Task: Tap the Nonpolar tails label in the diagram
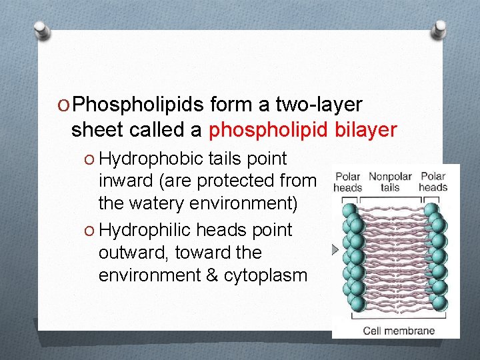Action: click(390, 182)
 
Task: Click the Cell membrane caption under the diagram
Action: click(398, 331)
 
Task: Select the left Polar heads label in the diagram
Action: click(347, 182)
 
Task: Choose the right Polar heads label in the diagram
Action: click(433, 182)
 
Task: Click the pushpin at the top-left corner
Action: click(41, 31)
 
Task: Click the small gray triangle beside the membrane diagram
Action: click(335, 249)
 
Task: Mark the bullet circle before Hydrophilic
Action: click(89, 231)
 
